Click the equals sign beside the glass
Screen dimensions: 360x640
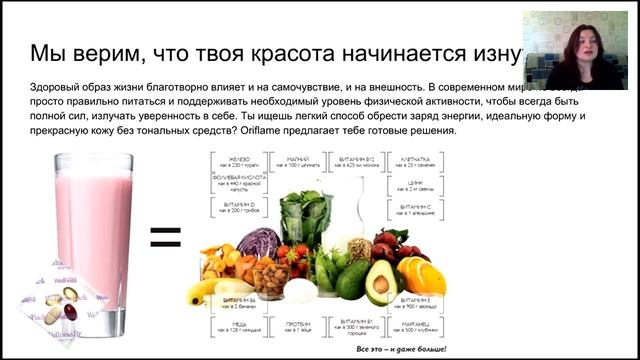coord(165,236)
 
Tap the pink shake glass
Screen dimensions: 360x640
coord(94,225)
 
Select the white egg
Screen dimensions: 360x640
coord(300,290)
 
